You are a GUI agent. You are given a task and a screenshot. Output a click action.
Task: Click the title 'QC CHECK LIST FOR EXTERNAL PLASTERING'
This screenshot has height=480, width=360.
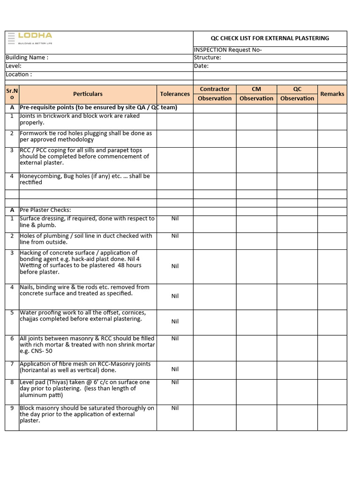pyautogui.click(x=270, y=38)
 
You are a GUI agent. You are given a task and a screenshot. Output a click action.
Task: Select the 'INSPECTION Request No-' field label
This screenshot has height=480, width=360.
pyautogui.click(x=228, y=50)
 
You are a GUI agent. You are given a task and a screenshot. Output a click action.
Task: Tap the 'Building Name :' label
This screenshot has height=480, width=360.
pyautogui.click(x=27, y=58)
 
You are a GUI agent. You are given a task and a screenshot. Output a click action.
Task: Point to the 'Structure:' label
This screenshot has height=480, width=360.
pyautogui.click(x=207, y=58)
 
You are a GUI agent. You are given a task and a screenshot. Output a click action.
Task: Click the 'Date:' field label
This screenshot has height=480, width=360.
pyautogui.click(x=201, y=66)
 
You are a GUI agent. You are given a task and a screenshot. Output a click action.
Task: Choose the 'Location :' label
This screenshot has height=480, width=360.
pyautogui.click(x=19, y=75)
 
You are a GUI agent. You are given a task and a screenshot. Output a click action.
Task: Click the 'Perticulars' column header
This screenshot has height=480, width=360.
pyautogui.click(x=88, y=94)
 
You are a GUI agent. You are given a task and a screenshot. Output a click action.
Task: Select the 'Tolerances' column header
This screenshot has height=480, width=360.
pyautogui.click(x=175, y=94)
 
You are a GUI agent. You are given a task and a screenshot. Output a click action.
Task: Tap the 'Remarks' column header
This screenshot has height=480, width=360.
pyautogui.click(x=332, y=94)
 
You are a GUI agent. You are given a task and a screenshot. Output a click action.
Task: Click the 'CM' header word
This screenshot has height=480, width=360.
pyautogui.click(x=256, y=89)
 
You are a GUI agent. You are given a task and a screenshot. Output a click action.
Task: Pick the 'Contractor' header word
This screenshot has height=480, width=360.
pyautogui.click(x=215, y=89)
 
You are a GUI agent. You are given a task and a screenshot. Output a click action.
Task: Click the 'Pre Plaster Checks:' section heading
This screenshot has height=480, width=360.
pyautogui.click(x=45, y=210)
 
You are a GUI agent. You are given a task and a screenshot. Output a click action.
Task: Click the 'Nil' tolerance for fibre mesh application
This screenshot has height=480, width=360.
pyautogui.click(x=175, y=369)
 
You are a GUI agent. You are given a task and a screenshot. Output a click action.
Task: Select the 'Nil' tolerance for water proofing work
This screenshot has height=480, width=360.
pyautogui.click(x=175, y=321)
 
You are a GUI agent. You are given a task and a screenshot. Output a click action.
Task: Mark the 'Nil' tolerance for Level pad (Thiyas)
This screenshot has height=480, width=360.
pyautogui.click(x=175, y=382)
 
